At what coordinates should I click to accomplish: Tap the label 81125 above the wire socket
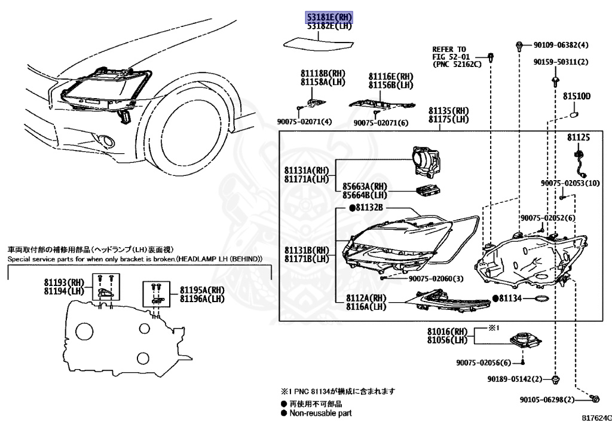[x=578, y=138]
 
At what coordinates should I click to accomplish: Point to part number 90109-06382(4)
[x=561, y=45]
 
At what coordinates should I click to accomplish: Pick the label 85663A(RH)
[x=365, y=186]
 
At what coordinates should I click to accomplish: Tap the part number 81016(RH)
[x=447, y=331]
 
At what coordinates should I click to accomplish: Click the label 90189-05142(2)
[x=514, y=379]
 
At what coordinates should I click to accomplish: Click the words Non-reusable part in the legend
[x=320, y=413]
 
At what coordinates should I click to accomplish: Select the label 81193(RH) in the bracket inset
[x=65, y=282]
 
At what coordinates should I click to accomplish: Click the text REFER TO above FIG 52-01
[x=449, y=49]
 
